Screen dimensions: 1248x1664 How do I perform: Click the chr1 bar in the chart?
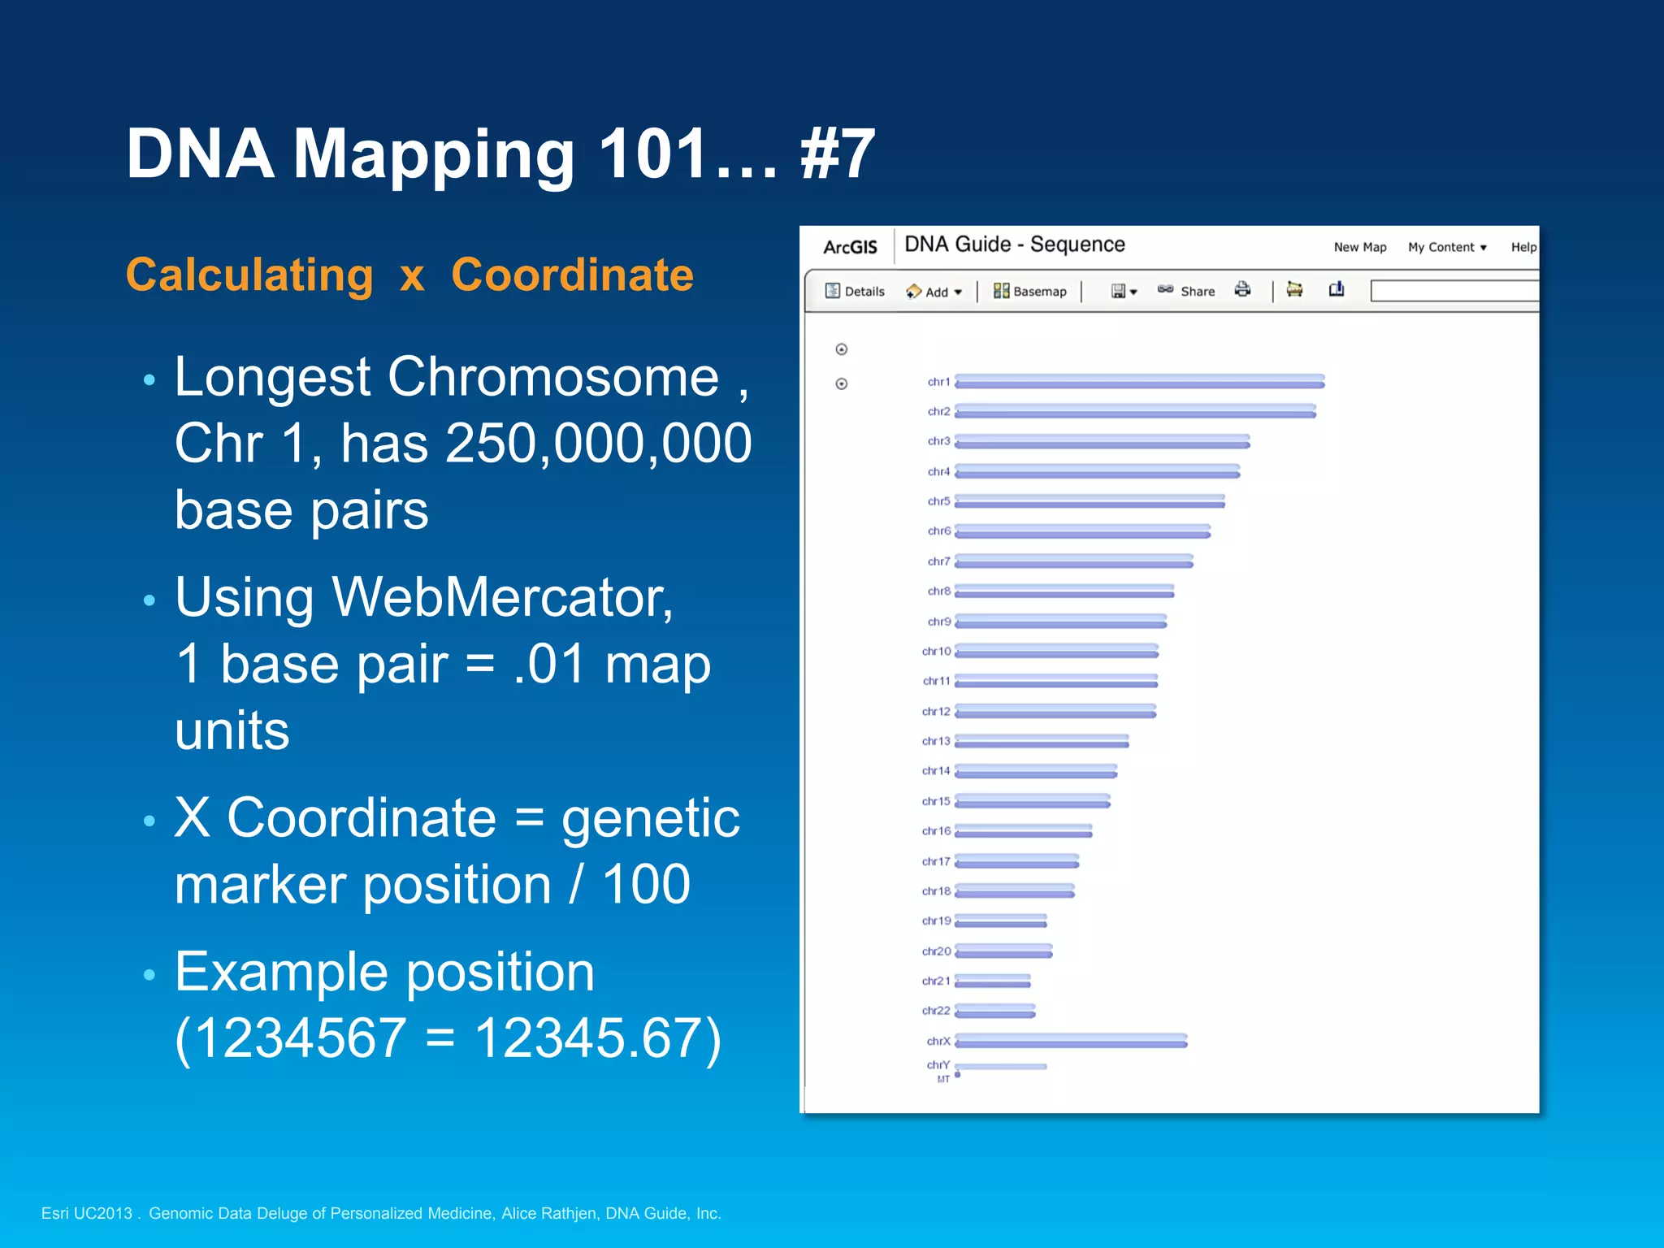pyautogui.click(x=1139, y=381)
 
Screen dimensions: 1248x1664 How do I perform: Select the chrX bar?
pyautogui.click(x=1071, y=1041)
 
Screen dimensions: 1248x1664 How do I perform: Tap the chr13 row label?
pyautogui.click(x=935, y=741)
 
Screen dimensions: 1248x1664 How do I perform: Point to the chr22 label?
pyautogui.click(x=935, y=1011)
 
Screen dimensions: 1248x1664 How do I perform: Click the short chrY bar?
pyautogui.click(x=1001, y=1066)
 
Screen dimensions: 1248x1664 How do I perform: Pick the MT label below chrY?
pyautogui.click(x=942, y=1080)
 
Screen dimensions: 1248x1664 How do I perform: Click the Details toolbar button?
pyautogui.click(x=855, y=291)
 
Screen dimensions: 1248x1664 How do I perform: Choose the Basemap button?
pyautogui.click(x=1029, y=291)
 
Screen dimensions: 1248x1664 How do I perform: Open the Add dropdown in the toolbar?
pyautogui.click(x=934, y=292)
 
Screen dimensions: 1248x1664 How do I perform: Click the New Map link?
pyautogui.click(x=1359, y=247)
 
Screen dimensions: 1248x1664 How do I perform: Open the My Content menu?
pyautogui.click(x=1446, y=247)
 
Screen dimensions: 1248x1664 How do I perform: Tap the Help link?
pyautogui.click(x=1523, y=247)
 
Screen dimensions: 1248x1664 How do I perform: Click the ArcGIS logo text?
pyautogui.click(x=850, y=247)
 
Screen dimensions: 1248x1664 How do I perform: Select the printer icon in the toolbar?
pyautogui.click(x=1242, y=289)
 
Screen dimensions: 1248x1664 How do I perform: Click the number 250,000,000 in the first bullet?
pyautogui.click(x=598, y=444)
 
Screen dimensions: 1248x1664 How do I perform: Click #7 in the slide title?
pyautogui.click(x=838, y=154)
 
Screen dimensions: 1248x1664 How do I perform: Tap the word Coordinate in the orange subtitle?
pyautogui.click(x=572, y=275)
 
